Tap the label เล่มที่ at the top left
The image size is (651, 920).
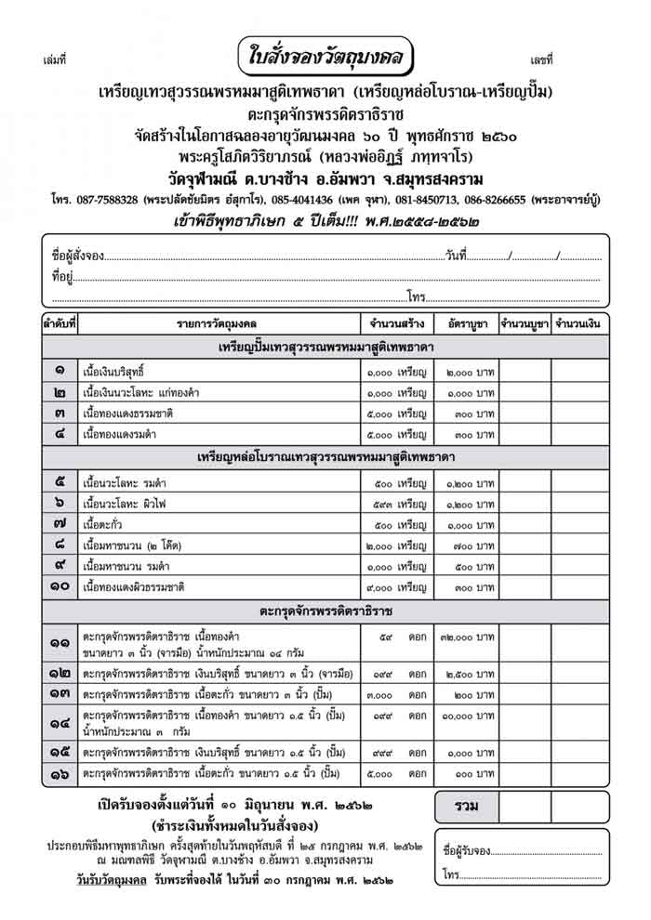point(55,61)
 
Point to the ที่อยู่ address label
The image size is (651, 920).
point(63,276)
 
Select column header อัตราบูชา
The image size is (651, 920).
point(462,324)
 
